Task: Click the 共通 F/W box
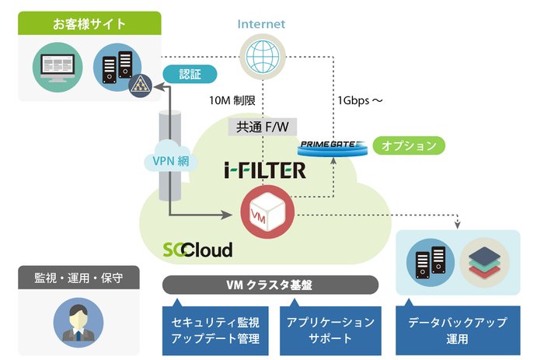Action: click(262, 127)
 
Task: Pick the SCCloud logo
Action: click(197, 250)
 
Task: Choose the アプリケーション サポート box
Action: click(330, 330)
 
